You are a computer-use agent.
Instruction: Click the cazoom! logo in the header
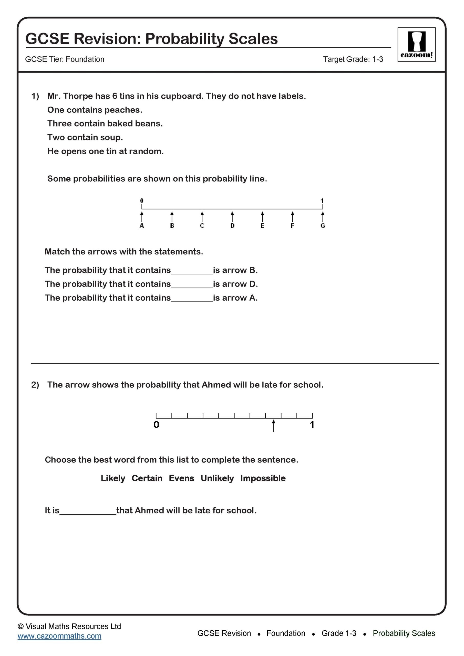[416, 44]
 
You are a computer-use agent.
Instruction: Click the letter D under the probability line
[232, 226]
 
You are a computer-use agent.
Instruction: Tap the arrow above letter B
[172, 217]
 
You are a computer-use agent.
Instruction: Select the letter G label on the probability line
[323, 226]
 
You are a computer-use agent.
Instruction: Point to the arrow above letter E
[262, 217]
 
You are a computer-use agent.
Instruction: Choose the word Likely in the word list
[113, 478]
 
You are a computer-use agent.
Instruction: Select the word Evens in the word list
[181, 478]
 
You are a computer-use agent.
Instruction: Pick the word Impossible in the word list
[263, 478]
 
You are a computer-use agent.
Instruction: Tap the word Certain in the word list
[147, 478]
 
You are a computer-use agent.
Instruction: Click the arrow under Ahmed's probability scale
[273, 426]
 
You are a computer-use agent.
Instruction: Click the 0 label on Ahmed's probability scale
[156, 425]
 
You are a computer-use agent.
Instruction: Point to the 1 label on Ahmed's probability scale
[312, 425]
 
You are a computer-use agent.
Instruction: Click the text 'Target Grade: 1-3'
[353, 59]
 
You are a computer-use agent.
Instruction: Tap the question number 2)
[35, 385]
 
